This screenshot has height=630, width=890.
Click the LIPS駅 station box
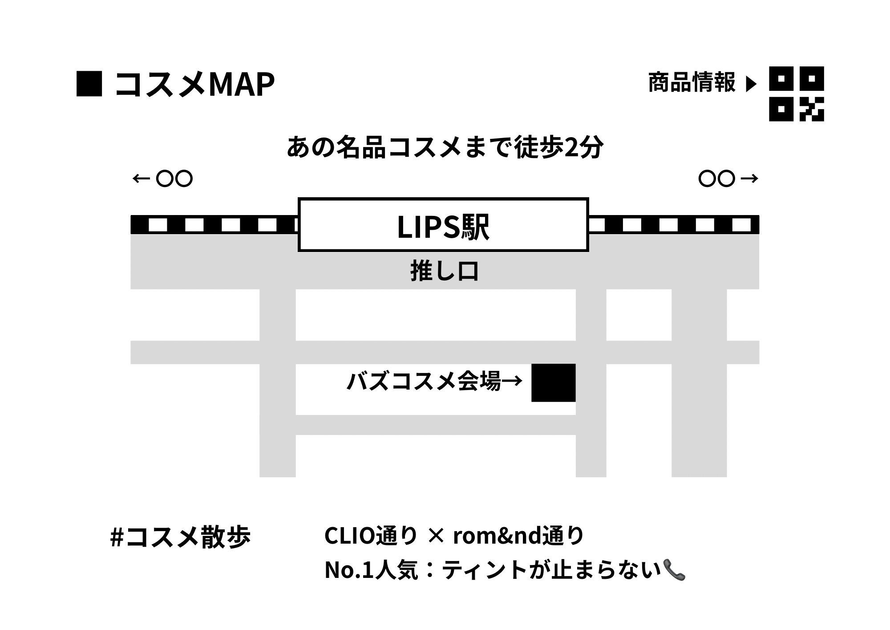pos(443,225)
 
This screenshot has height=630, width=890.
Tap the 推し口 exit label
pos(444,272)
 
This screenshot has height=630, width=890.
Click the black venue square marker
pos(553,383)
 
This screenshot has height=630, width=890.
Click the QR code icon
pos(796,93)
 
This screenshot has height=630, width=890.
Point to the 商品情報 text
pos(692,83)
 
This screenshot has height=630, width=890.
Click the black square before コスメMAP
pos(89,84)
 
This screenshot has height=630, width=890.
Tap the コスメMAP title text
pos(195,84)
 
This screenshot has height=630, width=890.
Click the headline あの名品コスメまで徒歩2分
pos(445,147)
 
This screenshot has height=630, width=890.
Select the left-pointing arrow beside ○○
pos(141,179)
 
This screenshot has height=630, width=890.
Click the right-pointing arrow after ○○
pos(749,179)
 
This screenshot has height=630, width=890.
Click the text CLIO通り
pos(371,536)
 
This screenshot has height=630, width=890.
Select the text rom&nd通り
pos(518,536)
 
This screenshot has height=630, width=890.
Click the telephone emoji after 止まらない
pos(674,570)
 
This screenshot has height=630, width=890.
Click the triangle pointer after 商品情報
pos(751,84)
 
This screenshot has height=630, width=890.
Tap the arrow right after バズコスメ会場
pos(512,381)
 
